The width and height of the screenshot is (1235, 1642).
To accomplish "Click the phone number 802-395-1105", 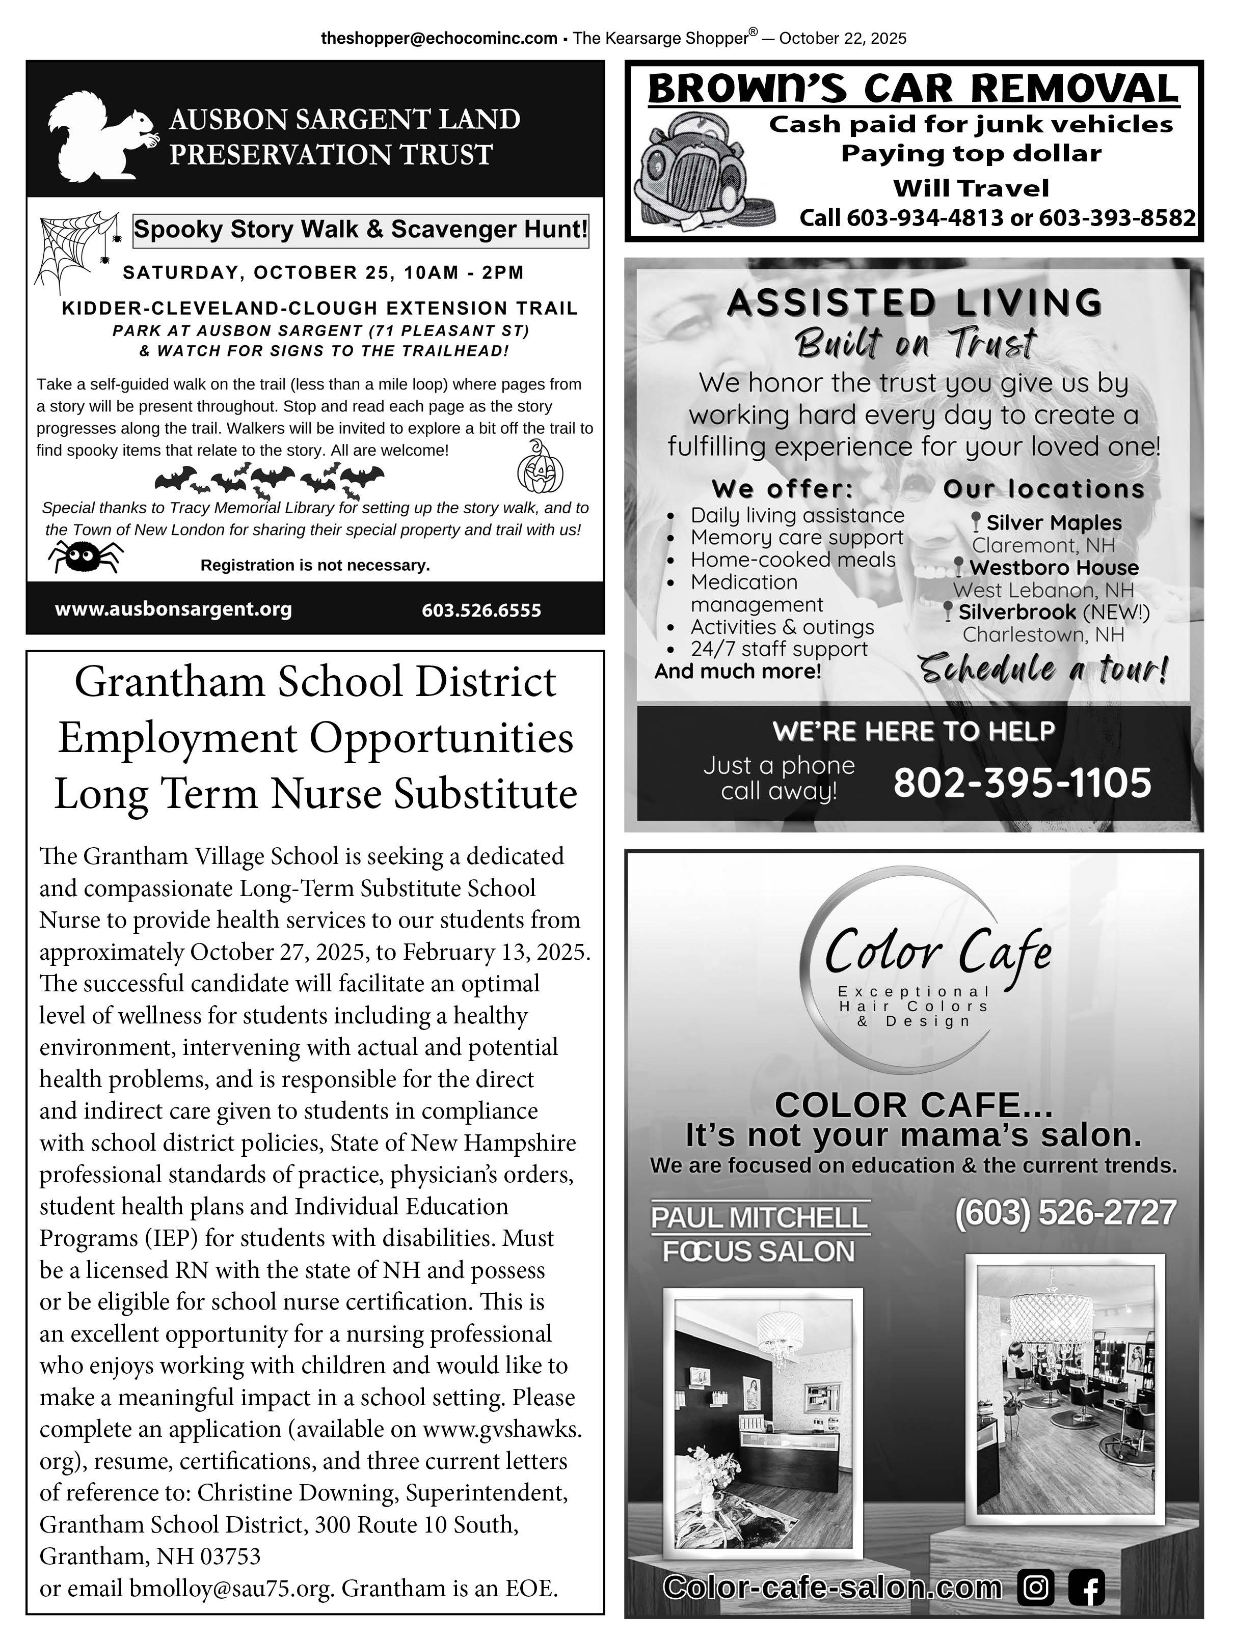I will pos(1022,783).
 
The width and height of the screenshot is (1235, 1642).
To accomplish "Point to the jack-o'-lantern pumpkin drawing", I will pos(540,468).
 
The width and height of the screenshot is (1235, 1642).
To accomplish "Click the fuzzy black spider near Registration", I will pos(86,556).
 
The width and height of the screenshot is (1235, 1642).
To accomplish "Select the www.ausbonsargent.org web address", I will pos(173,609).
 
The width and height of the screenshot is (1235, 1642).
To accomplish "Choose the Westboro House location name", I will pos(1053,568).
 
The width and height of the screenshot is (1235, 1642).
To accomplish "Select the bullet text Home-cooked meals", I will pos(792,560).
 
